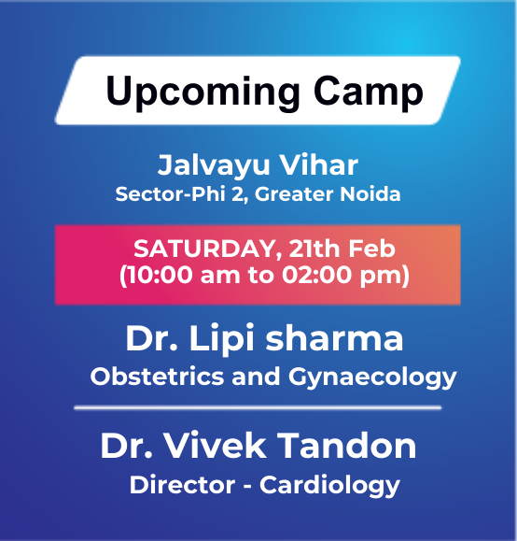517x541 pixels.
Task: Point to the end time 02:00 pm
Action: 337,277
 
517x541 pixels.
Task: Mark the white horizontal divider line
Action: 258,407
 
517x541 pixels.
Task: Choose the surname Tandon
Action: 351,446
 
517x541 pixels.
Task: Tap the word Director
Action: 182,486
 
